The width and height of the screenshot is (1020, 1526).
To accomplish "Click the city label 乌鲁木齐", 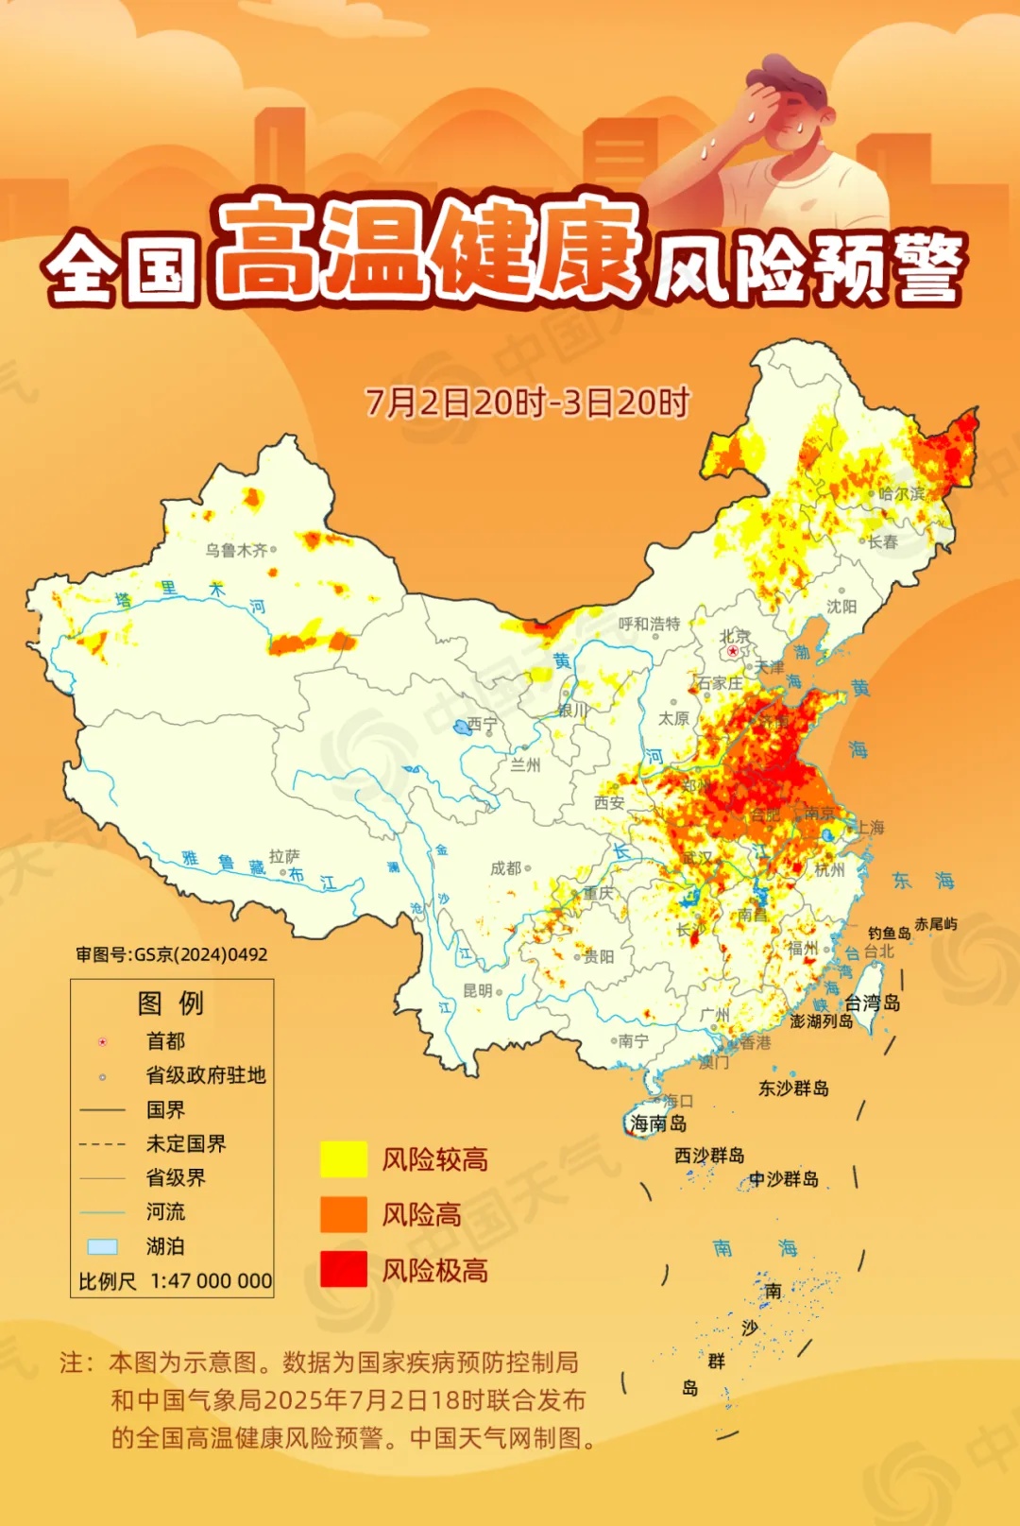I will coord(236,550).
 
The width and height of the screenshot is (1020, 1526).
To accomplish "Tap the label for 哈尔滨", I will coord(901,493).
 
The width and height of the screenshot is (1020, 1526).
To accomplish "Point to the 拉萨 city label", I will coord(283,856).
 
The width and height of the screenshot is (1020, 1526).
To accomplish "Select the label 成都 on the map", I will coord(505,867).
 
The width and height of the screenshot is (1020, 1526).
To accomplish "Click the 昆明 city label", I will coord(478,990).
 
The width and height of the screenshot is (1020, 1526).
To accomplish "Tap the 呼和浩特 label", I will coord(649,624).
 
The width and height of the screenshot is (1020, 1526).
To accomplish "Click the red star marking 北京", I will coord(733,651).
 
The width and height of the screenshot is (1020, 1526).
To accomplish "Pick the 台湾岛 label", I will coord(872,1003).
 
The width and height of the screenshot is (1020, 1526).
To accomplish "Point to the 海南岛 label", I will coord(658,1123).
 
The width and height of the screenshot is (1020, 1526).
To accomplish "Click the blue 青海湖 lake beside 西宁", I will coord(461,727).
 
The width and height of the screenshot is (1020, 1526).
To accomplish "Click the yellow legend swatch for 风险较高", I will coord(343,1158).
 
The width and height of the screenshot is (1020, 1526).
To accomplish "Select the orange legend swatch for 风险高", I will coord(343,1214).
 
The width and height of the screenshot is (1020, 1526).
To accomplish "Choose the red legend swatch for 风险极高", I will coord(343,1269).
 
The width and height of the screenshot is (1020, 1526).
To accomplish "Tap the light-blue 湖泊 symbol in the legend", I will coord(102,1246).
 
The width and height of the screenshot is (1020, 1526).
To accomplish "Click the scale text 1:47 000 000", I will coord(211,1281).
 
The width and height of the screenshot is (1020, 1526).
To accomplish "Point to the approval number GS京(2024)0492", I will coord(200,954).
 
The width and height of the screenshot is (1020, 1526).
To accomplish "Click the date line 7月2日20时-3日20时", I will coord(527,403).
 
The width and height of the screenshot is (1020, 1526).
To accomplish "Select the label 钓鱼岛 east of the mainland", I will coord(889,933).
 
